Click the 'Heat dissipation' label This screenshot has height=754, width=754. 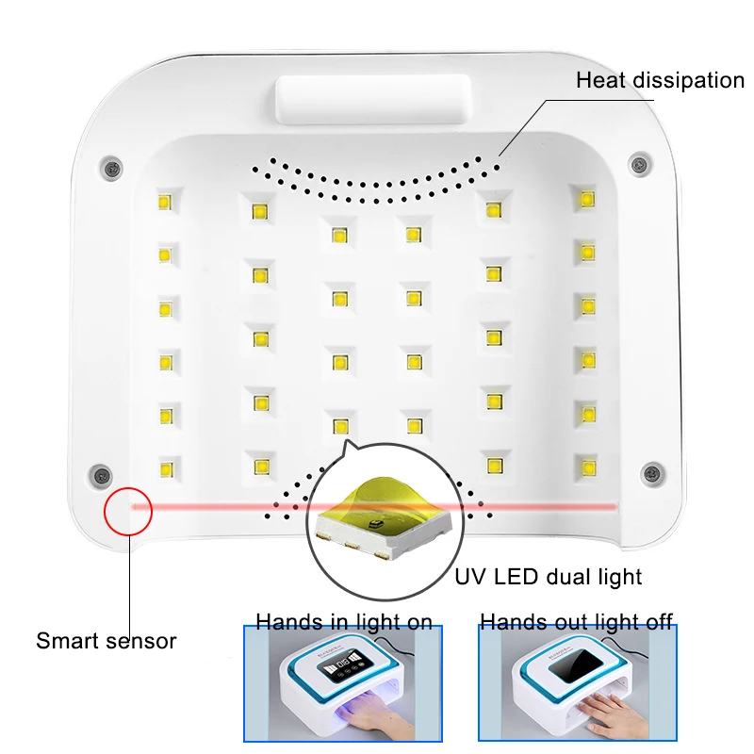(660, 80)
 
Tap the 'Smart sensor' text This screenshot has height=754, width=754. (106, 641)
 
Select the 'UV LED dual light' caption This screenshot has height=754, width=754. (549, 576)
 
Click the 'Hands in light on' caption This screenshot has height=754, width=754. (344, 621)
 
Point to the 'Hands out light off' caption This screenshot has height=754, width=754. (576, 621)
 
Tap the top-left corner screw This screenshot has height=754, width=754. (111, 166)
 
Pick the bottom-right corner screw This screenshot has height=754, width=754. (649, 471)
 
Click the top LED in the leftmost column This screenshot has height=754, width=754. (163, 200)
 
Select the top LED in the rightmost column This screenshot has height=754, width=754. (587, 199)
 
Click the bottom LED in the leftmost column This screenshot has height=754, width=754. (167, 467)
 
